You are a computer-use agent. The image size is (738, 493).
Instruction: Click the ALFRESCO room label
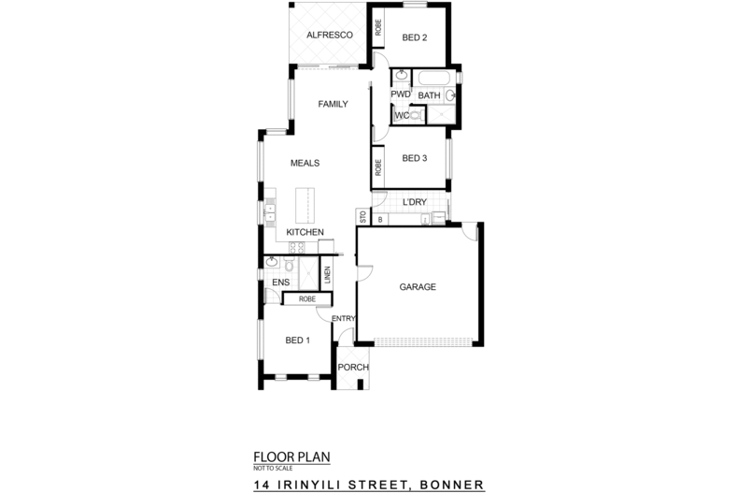click(x=329, y=36)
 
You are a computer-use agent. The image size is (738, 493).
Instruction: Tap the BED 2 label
click(x=415, y=38)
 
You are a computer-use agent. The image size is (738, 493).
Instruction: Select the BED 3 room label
click(x=415, y=159)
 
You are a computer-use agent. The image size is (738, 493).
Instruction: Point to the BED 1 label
click(x=297, y=341)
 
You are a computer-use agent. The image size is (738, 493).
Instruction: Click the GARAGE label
click(x=419, y=287)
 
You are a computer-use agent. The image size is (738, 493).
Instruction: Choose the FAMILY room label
click(x=334, y=104)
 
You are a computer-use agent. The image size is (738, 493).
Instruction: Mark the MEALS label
click(x=305, y=163)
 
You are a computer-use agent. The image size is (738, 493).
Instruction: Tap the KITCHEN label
click(x=305, y=232)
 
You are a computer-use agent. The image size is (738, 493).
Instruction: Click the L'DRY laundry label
click(x=415, y=202)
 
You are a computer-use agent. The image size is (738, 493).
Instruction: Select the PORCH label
click(x=353, y=368)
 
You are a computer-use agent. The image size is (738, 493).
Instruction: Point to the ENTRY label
click(x=344, y=318)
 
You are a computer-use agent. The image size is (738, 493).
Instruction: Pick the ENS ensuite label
click(x=279, y=283)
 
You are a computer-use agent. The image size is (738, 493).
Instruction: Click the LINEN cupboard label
click(x=328, y=275)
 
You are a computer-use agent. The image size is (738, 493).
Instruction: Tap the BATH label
click(x=429, y=95)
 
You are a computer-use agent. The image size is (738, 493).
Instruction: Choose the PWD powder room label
click(x=401, y=94)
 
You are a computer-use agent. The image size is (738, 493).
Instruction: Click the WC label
click(x=402, y=116)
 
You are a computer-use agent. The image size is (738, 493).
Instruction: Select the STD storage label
click(x=362, y=218)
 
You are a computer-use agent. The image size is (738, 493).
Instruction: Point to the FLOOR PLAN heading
click(x=291, y=457)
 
